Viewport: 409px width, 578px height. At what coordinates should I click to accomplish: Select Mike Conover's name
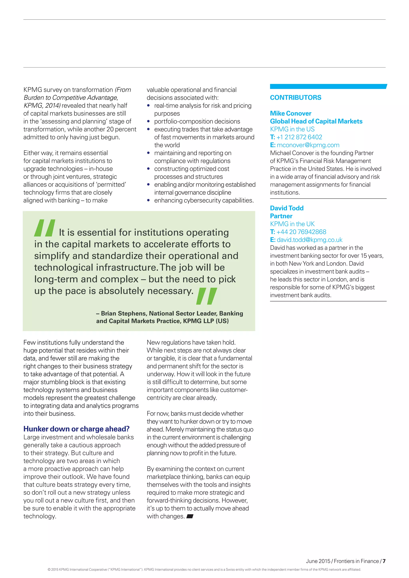[x=291, y=113]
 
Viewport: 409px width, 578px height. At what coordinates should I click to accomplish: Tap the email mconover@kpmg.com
[x=308, y=145]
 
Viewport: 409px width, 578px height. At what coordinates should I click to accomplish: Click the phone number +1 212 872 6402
[x=299, y=137]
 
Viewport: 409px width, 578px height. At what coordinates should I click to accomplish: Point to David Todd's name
[x=287, y=208]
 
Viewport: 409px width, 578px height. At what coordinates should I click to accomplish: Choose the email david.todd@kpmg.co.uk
[x=310, y=240]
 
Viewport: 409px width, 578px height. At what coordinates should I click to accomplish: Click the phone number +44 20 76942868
[x=301, y=232]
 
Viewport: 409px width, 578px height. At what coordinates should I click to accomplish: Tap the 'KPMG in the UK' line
[x=292, y=224]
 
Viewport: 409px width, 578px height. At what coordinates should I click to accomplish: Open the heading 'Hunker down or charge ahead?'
[x=76, y=429]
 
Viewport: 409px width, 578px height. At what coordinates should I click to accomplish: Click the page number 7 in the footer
[x=384, y=561]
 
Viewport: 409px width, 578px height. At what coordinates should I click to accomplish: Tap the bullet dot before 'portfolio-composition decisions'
[x=149, y=122]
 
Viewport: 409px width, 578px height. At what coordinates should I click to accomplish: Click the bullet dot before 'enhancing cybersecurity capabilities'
[x=149, y=201]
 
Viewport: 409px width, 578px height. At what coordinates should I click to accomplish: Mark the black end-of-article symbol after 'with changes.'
[x=190, y=517]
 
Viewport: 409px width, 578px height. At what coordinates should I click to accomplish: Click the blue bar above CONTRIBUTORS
[x=328, y=86]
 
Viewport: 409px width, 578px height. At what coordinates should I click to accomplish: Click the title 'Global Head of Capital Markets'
[x=316, y=121]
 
